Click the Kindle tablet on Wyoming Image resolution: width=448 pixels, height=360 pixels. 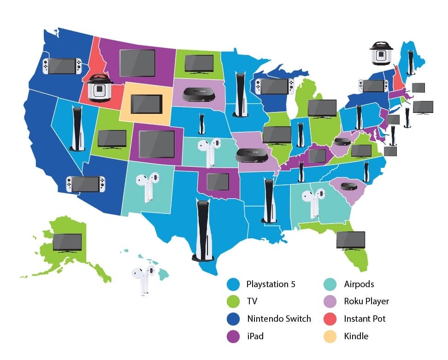tap(147, 104)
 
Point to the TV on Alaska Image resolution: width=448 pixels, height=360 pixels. tap(67, 242)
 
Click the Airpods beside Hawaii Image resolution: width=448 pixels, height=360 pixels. tap(142, 279)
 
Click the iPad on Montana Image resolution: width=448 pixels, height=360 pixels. tap(137, 63)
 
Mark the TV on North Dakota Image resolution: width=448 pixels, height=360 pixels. tap(199, 64)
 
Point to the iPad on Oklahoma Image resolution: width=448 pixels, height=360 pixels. tap(218, 182)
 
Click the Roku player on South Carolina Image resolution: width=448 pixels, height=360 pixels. tap(347, 187)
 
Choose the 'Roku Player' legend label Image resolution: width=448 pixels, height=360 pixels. tap(366, 301)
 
